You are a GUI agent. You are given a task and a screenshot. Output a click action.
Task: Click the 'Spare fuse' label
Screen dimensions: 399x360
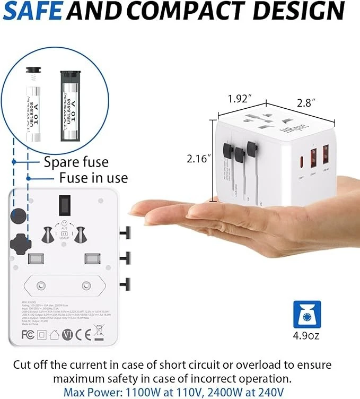tap(76, 162)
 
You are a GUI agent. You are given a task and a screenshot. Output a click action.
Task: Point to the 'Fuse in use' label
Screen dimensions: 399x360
tap(93, 177)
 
